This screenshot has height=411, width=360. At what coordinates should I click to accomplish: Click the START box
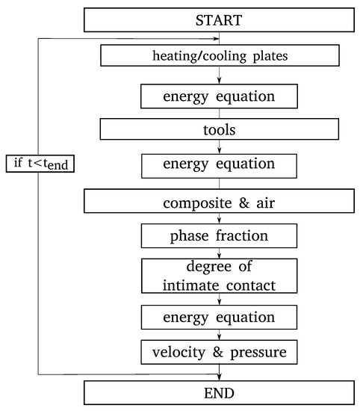[x=219, y=19]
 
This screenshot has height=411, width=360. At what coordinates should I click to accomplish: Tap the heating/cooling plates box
[x=219, y=55]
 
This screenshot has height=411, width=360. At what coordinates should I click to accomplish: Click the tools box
[x=219, y=129]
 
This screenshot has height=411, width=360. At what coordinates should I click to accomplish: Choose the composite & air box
[x=219, y=202]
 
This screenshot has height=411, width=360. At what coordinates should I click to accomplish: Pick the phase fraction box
[x=219, y=236]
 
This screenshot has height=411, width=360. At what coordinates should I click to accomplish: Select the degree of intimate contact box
[x=219, y=277]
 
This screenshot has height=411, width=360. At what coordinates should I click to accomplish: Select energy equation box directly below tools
[x=219, y=164]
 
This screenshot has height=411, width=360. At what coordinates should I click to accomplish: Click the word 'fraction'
[x=242, y=236]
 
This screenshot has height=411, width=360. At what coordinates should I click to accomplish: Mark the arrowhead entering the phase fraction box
[x=219, y=222]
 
